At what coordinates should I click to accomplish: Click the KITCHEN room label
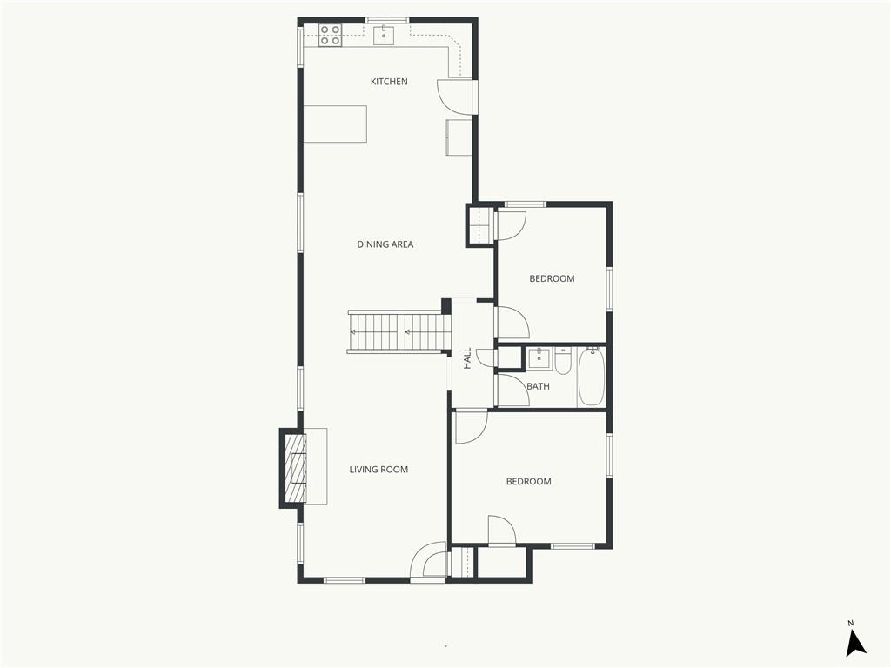389,82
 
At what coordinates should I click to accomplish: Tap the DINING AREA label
385,244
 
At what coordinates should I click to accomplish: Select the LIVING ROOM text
379,469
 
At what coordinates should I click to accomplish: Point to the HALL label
467,358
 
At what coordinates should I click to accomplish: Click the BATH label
538,386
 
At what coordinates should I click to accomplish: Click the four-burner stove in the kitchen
330,35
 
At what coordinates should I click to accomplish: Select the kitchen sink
385,34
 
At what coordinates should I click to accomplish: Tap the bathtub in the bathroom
592,377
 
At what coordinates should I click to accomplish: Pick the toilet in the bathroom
563,362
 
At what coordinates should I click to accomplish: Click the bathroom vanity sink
539,358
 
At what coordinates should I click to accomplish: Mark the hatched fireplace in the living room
296,467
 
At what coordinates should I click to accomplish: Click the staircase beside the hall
399,331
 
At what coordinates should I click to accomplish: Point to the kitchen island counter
335,124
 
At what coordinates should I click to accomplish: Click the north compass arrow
855,644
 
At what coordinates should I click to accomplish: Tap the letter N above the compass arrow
851,623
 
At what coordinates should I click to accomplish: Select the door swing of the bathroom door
513,391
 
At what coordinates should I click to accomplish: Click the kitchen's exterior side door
455,97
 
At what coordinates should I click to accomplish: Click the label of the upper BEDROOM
552,278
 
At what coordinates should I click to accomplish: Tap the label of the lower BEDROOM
528,481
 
